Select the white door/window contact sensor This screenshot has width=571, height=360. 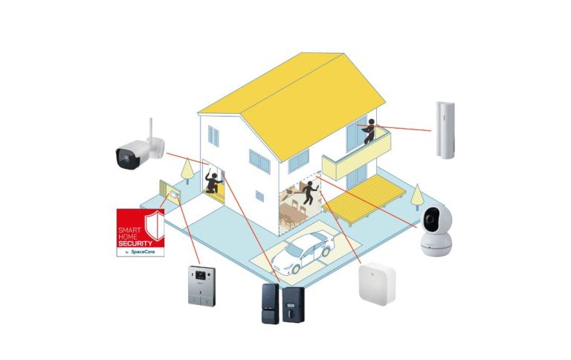[x=445, y=130]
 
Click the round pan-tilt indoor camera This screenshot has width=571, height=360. [x=436, y=230]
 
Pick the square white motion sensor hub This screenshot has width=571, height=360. [x=376, y=283]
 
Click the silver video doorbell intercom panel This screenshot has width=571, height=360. [x=201, y=286]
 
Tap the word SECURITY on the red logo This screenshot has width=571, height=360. [x=135, y=243]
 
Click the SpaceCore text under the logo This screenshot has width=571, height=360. [x=143, y=252]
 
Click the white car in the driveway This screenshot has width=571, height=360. [x=303, y=251]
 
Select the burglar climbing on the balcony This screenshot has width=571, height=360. [x=370, y=131]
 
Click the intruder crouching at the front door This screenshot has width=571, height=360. [x=213, y=182]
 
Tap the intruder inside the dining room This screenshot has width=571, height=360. [x=309, y=193]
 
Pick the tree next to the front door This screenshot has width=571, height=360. [x=187, y=170]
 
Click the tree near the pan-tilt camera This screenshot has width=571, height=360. [x=417, y=197]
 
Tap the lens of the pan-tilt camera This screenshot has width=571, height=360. [x=429, y=219]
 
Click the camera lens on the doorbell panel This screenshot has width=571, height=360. [x=199, y=274]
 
